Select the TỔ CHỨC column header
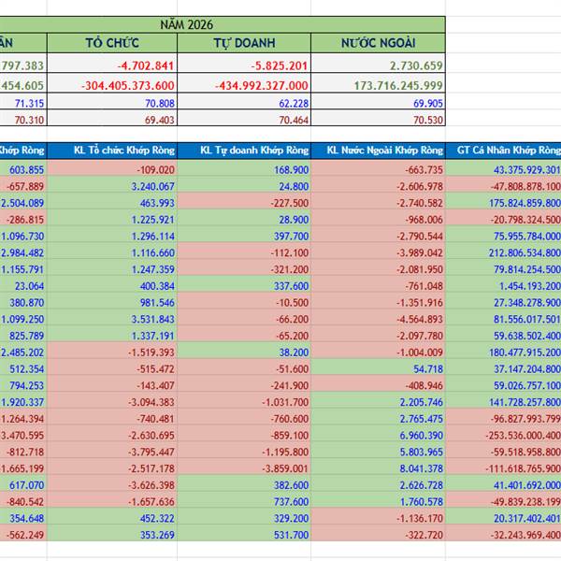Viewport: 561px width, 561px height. click(111, 43)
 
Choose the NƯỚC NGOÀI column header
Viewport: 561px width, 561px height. click(378, 43)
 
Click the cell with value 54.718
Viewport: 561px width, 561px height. click(424, 369)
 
